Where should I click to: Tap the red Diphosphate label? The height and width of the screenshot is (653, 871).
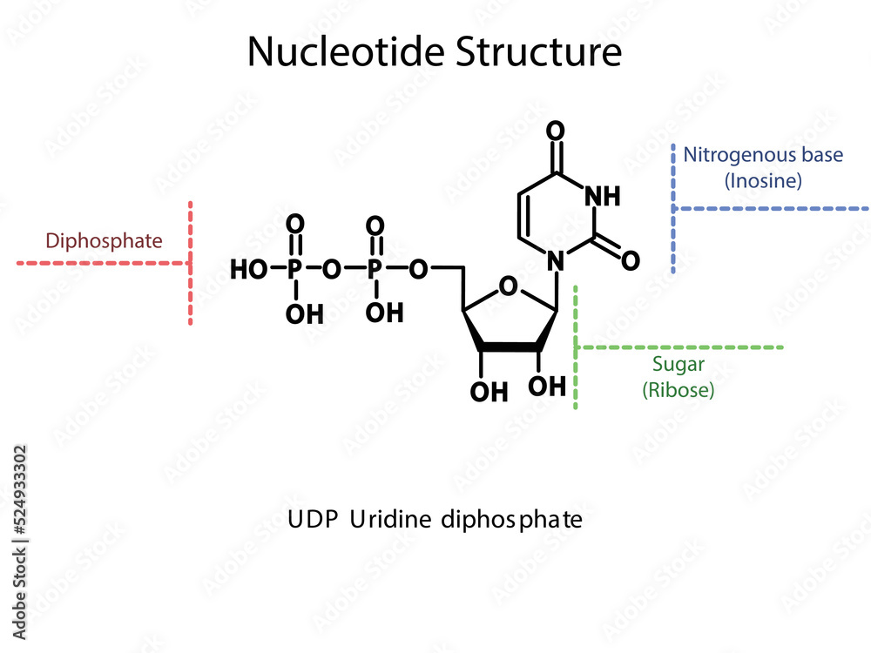(104, 240)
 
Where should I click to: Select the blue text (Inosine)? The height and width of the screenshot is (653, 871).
(763, 181)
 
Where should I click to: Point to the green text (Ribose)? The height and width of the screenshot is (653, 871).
(678, 390)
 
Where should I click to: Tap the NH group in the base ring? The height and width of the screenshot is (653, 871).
(602, 196)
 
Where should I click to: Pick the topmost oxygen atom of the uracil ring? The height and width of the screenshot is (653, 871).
(556, 131)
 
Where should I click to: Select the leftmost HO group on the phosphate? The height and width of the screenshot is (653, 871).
(249, 270)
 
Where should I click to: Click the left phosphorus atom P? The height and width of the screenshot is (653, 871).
(296, 270)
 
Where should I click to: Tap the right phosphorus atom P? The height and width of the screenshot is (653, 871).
(375, 270)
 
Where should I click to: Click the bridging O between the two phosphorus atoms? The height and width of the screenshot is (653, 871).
(331, 270)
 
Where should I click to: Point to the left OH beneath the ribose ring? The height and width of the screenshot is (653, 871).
(489, 392)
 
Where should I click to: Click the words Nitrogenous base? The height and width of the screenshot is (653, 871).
(763, 155)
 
